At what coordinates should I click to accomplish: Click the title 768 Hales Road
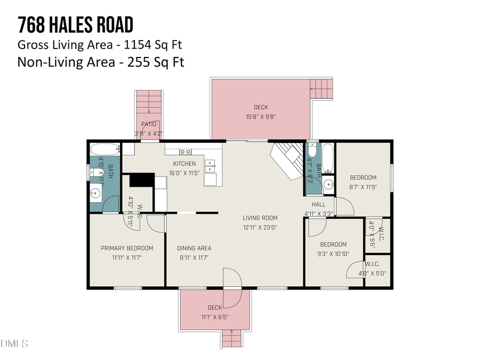point(75,25)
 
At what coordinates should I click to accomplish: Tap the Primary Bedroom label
point(127,248)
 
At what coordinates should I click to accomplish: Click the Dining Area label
point(194,248)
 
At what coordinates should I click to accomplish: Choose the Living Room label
point(260,218)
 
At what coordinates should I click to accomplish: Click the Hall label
point(318,204)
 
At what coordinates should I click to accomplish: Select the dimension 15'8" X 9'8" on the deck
point(261,116)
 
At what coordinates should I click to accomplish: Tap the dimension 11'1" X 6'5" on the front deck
point(214,317)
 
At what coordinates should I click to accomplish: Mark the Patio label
point(149,124)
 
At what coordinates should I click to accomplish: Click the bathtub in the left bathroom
point(105,149)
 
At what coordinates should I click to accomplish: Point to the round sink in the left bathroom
point(97,193)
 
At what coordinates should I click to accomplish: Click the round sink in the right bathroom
point(328,185)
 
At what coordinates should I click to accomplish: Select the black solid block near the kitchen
point(142,180)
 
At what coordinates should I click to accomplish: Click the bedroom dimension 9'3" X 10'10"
point(333,254)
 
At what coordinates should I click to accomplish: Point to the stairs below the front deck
point(231,338)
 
